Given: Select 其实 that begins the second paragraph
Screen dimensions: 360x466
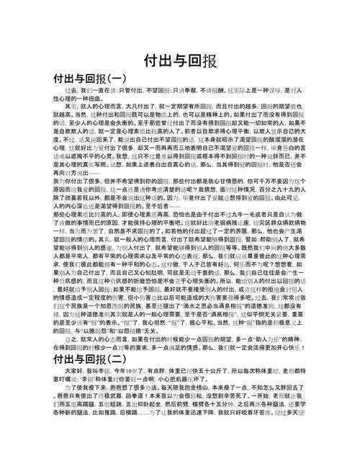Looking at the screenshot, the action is [71, 107].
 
